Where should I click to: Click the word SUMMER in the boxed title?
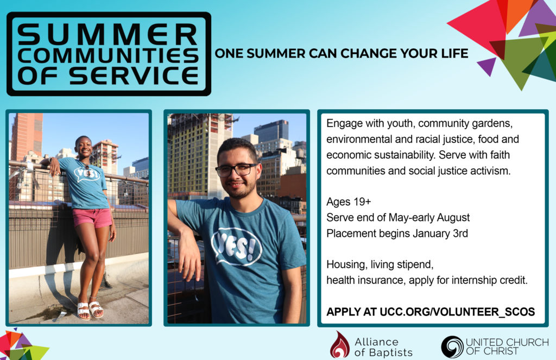107,35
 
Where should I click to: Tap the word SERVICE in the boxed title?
134,75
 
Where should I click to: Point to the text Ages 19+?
349,202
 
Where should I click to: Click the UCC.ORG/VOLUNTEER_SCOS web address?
457,312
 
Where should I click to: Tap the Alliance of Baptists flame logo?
340,345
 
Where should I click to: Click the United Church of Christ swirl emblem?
452,346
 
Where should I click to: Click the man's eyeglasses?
236,170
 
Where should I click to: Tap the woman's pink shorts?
92,217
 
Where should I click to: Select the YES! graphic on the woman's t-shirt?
87,174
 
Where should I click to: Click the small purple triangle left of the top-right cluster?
486,65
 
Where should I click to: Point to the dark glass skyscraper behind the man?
271,131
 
